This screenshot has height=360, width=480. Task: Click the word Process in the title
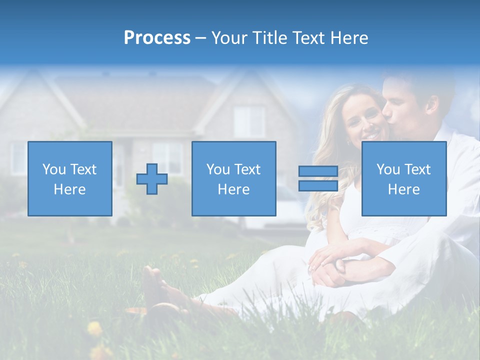157,38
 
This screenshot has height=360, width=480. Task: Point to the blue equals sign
318,178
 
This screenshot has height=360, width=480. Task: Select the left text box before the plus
70,179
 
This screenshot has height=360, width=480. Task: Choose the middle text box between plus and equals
233,179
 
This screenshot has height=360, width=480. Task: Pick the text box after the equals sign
403,179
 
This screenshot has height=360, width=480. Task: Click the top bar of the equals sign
318,171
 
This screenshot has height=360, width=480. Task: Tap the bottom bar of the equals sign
318,186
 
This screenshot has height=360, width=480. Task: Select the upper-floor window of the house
249,121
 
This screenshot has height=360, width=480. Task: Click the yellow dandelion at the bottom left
94,329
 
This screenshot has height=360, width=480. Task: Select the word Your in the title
229,38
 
